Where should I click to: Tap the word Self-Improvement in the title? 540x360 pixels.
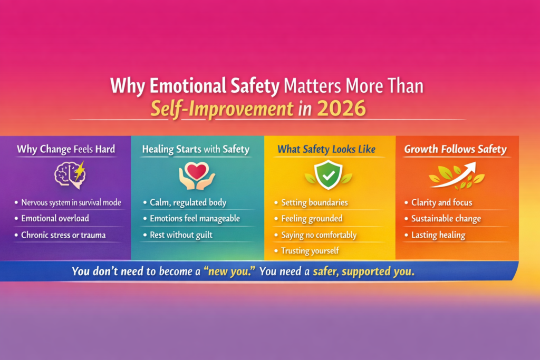click(222, 109)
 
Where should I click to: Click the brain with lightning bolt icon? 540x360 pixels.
click(70, 175)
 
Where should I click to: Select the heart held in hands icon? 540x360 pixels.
click(197, 176)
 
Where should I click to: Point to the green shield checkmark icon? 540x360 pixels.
click(328, 175)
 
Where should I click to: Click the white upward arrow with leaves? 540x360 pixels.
click(457, 175)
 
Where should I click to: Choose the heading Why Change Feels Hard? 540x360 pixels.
click(66, 149)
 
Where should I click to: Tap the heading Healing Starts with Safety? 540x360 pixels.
click(196, 149)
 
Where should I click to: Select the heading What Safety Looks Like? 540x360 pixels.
click(326, 149)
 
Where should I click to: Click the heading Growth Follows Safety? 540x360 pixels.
click(455, 149)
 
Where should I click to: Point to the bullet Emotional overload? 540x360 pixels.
click(55, 218)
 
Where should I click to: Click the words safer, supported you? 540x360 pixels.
click(364, 271)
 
